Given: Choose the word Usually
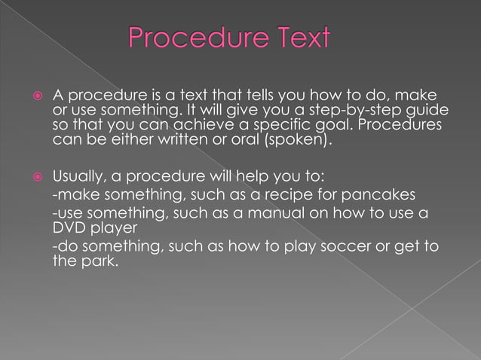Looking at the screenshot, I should tap(78, 178).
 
